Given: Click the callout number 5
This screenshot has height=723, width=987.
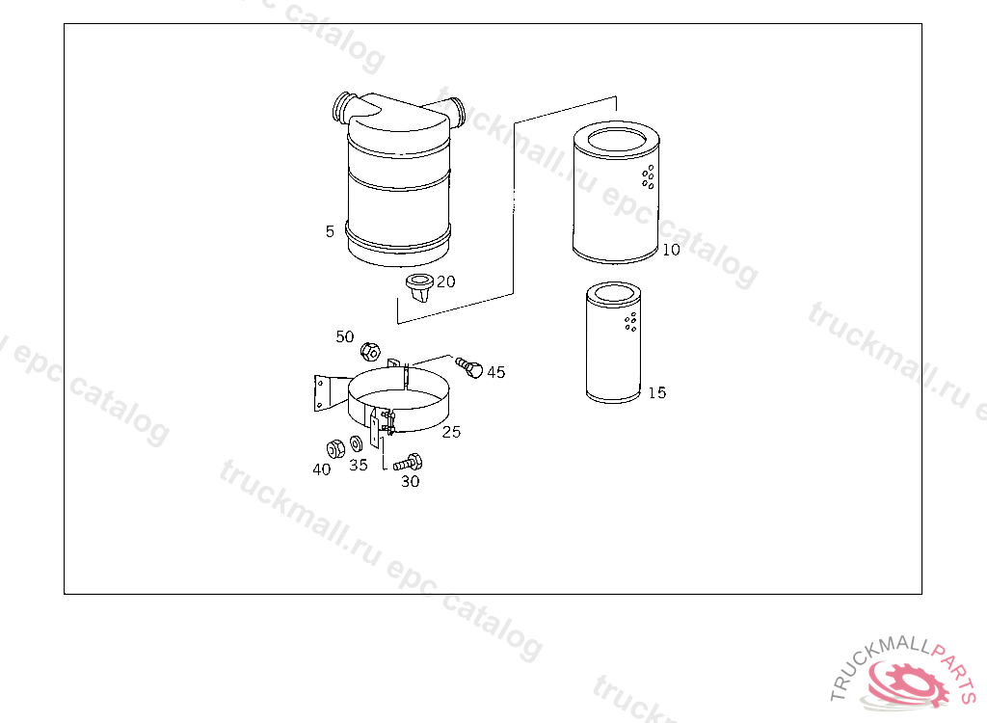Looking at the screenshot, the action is (x=330, y=231).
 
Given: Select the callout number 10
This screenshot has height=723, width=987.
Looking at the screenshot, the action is (x=671, y=250).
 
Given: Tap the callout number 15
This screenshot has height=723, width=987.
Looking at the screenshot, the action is (x=657, y=393).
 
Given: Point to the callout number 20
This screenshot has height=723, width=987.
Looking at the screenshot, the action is (x=445, y=281).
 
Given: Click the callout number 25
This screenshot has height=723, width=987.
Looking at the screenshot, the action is (x=451, y=432).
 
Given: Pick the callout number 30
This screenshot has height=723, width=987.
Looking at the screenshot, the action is (x=411, y=481).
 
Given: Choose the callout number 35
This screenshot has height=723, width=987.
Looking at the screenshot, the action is (x=359, y=466).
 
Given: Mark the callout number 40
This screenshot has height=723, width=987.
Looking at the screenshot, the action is (x=322, y=469).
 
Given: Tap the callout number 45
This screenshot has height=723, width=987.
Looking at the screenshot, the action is (x=496, y=372).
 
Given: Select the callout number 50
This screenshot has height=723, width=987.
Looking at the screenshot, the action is (x=345, y=337).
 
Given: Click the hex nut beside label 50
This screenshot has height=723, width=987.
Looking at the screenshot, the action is (x=370, y=352).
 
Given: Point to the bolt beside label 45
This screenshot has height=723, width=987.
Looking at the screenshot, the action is (x=469, y=367).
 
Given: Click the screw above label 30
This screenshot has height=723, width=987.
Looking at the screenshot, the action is (x=408, y=463).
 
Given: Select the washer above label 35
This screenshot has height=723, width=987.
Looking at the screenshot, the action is (x=356, y=444).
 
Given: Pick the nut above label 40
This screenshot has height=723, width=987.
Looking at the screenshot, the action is (x=335, y=448).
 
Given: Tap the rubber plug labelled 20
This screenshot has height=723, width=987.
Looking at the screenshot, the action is (x=420, y=287).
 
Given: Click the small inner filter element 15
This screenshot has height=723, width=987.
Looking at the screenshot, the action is (x=614, y=342).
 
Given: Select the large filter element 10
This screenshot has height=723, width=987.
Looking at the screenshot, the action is (x=616, y=192).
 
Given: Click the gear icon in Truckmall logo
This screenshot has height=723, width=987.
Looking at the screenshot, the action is (x=908, y=683).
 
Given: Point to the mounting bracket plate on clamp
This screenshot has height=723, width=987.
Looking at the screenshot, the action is (x=322, y=393).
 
